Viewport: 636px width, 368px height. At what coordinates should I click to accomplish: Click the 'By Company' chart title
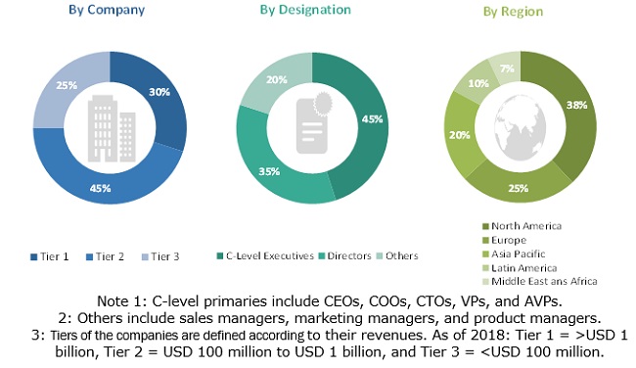[108, 10]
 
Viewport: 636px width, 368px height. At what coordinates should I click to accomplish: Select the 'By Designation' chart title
[305, 10]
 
